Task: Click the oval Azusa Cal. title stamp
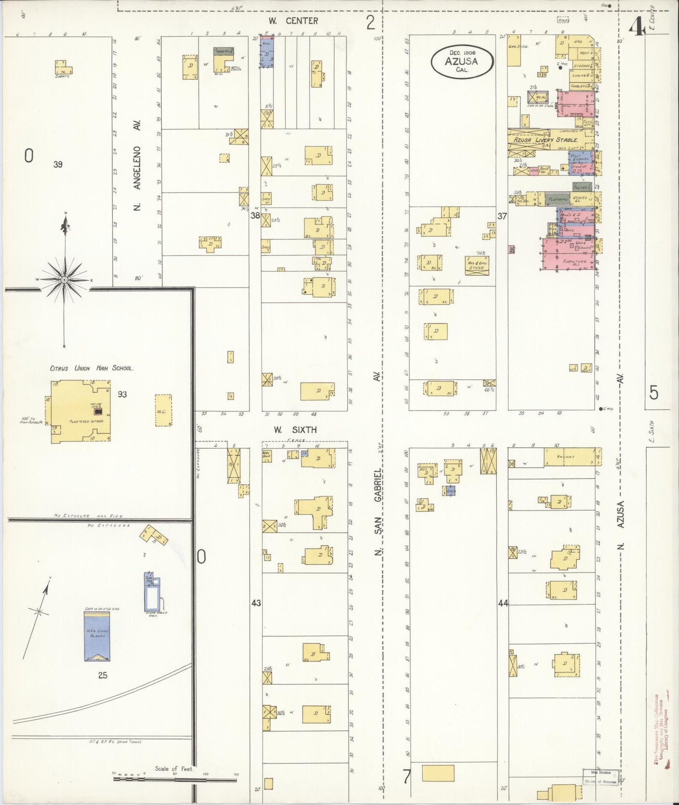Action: [462, 62]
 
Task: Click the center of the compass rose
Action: [64, 280]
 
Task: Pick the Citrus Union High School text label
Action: [92, 368]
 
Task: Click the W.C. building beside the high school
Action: [163, 410]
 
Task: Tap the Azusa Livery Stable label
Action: [545, 140]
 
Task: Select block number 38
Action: [255, 216]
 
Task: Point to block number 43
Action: [256, 603]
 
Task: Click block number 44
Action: [503, 603]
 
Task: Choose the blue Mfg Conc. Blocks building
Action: [97, 636]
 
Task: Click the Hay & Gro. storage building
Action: [476, 263]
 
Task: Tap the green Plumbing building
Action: [558, 199]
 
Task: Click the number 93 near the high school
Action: [122, 394]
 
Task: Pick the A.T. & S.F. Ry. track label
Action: [116, 742]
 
